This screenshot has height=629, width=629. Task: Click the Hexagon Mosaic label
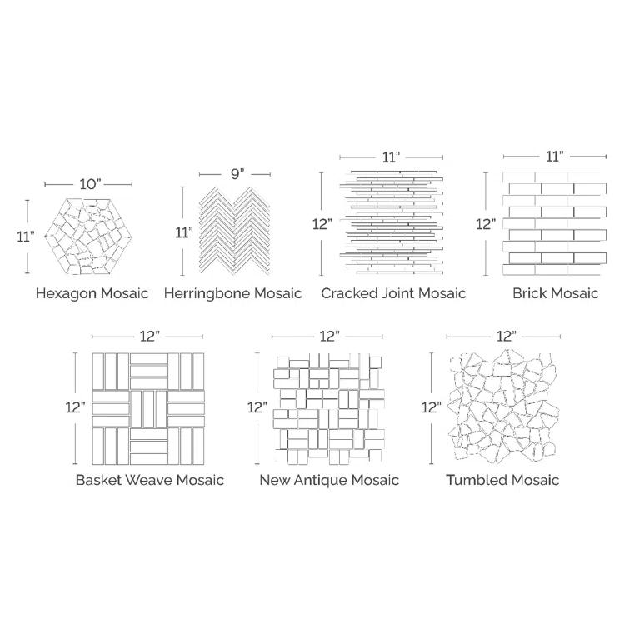click(x=92, y=293)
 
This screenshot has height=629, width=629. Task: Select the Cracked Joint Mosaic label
click(x=393, y=293)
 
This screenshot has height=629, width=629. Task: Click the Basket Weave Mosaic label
click(x=149, y=480)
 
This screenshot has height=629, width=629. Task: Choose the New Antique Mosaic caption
click(x=329, y=480)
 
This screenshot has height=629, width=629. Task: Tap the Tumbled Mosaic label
click(x=502, y=480)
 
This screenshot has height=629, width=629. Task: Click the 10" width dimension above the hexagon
click(x=91, y=183)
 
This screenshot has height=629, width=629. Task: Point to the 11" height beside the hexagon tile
click(x=26, y=237)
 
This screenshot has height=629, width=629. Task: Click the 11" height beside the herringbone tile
click(x=182, y=232)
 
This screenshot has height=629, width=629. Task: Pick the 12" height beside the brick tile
click(x=487, y=223)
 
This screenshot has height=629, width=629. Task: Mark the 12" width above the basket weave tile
click(x=150, y=336)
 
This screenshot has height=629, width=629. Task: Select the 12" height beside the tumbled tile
click(x=431, y=407)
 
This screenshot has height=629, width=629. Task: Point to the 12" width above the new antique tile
click(x=329, y=336)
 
